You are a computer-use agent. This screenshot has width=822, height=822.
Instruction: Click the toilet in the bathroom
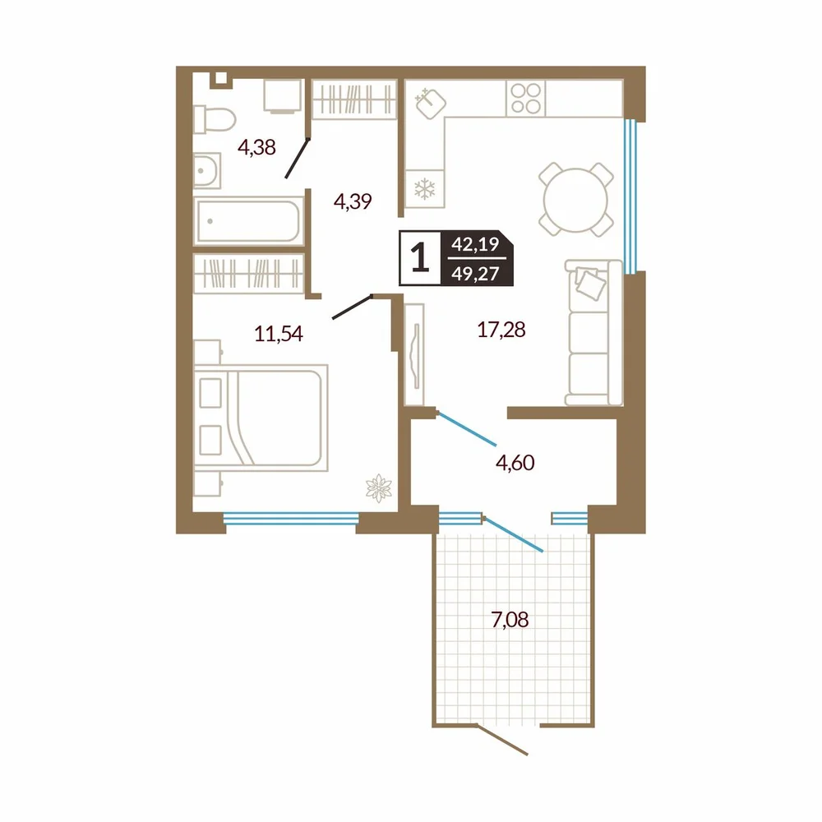(214, 119)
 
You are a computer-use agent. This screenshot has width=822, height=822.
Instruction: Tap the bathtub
(248, 220)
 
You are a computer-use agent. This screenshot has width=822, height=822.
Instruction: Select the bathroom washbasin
(206, 170)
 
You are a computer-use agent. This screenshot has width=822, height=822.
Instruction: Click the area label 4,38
(256, 147)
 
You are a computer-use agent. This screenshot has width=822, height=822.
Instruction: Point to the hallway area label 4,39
(353, 201)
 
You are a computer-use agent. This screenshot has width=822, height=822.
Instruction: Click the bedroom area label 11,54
(279, 334)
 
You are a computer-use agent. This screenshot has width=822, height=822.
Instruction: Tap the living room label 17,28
(501, 330)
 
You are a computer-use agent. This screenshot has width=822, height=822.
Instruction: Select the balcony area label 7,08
(510, 620)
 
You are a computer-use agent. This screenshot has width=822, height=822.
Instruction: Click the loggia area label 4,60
(515, 462)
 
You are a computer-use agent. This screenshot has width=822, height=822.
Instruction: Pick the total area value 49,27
(475, 273)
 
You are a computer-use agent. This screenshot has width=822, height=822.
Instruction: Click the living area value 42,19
(475, 244)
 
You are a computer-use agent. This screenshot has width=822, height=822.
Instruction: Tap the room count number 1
(420, 258)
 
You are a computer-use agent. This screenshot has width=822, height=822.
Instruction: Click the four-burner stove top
(526, 98)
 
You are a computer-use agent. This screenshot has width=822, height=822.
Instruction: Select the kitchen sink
(431, 104)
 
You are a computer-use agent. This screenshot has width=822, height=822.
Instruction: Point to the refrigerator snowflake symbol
(425, 189)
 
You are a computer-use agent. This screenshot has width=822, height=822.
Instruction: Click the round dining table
(575, 200)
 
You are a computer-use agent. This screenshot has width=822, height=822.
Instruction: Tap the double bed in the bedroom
(261, 418)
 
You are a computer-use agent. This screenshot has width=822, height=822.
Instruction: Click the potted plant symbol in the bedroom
(378, 488)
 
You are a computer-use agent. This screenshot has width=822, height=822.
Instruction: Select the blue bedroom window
(291, 519)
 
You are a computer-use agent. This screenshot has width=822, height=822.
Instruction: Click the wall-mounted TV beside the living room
(414, 354)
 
